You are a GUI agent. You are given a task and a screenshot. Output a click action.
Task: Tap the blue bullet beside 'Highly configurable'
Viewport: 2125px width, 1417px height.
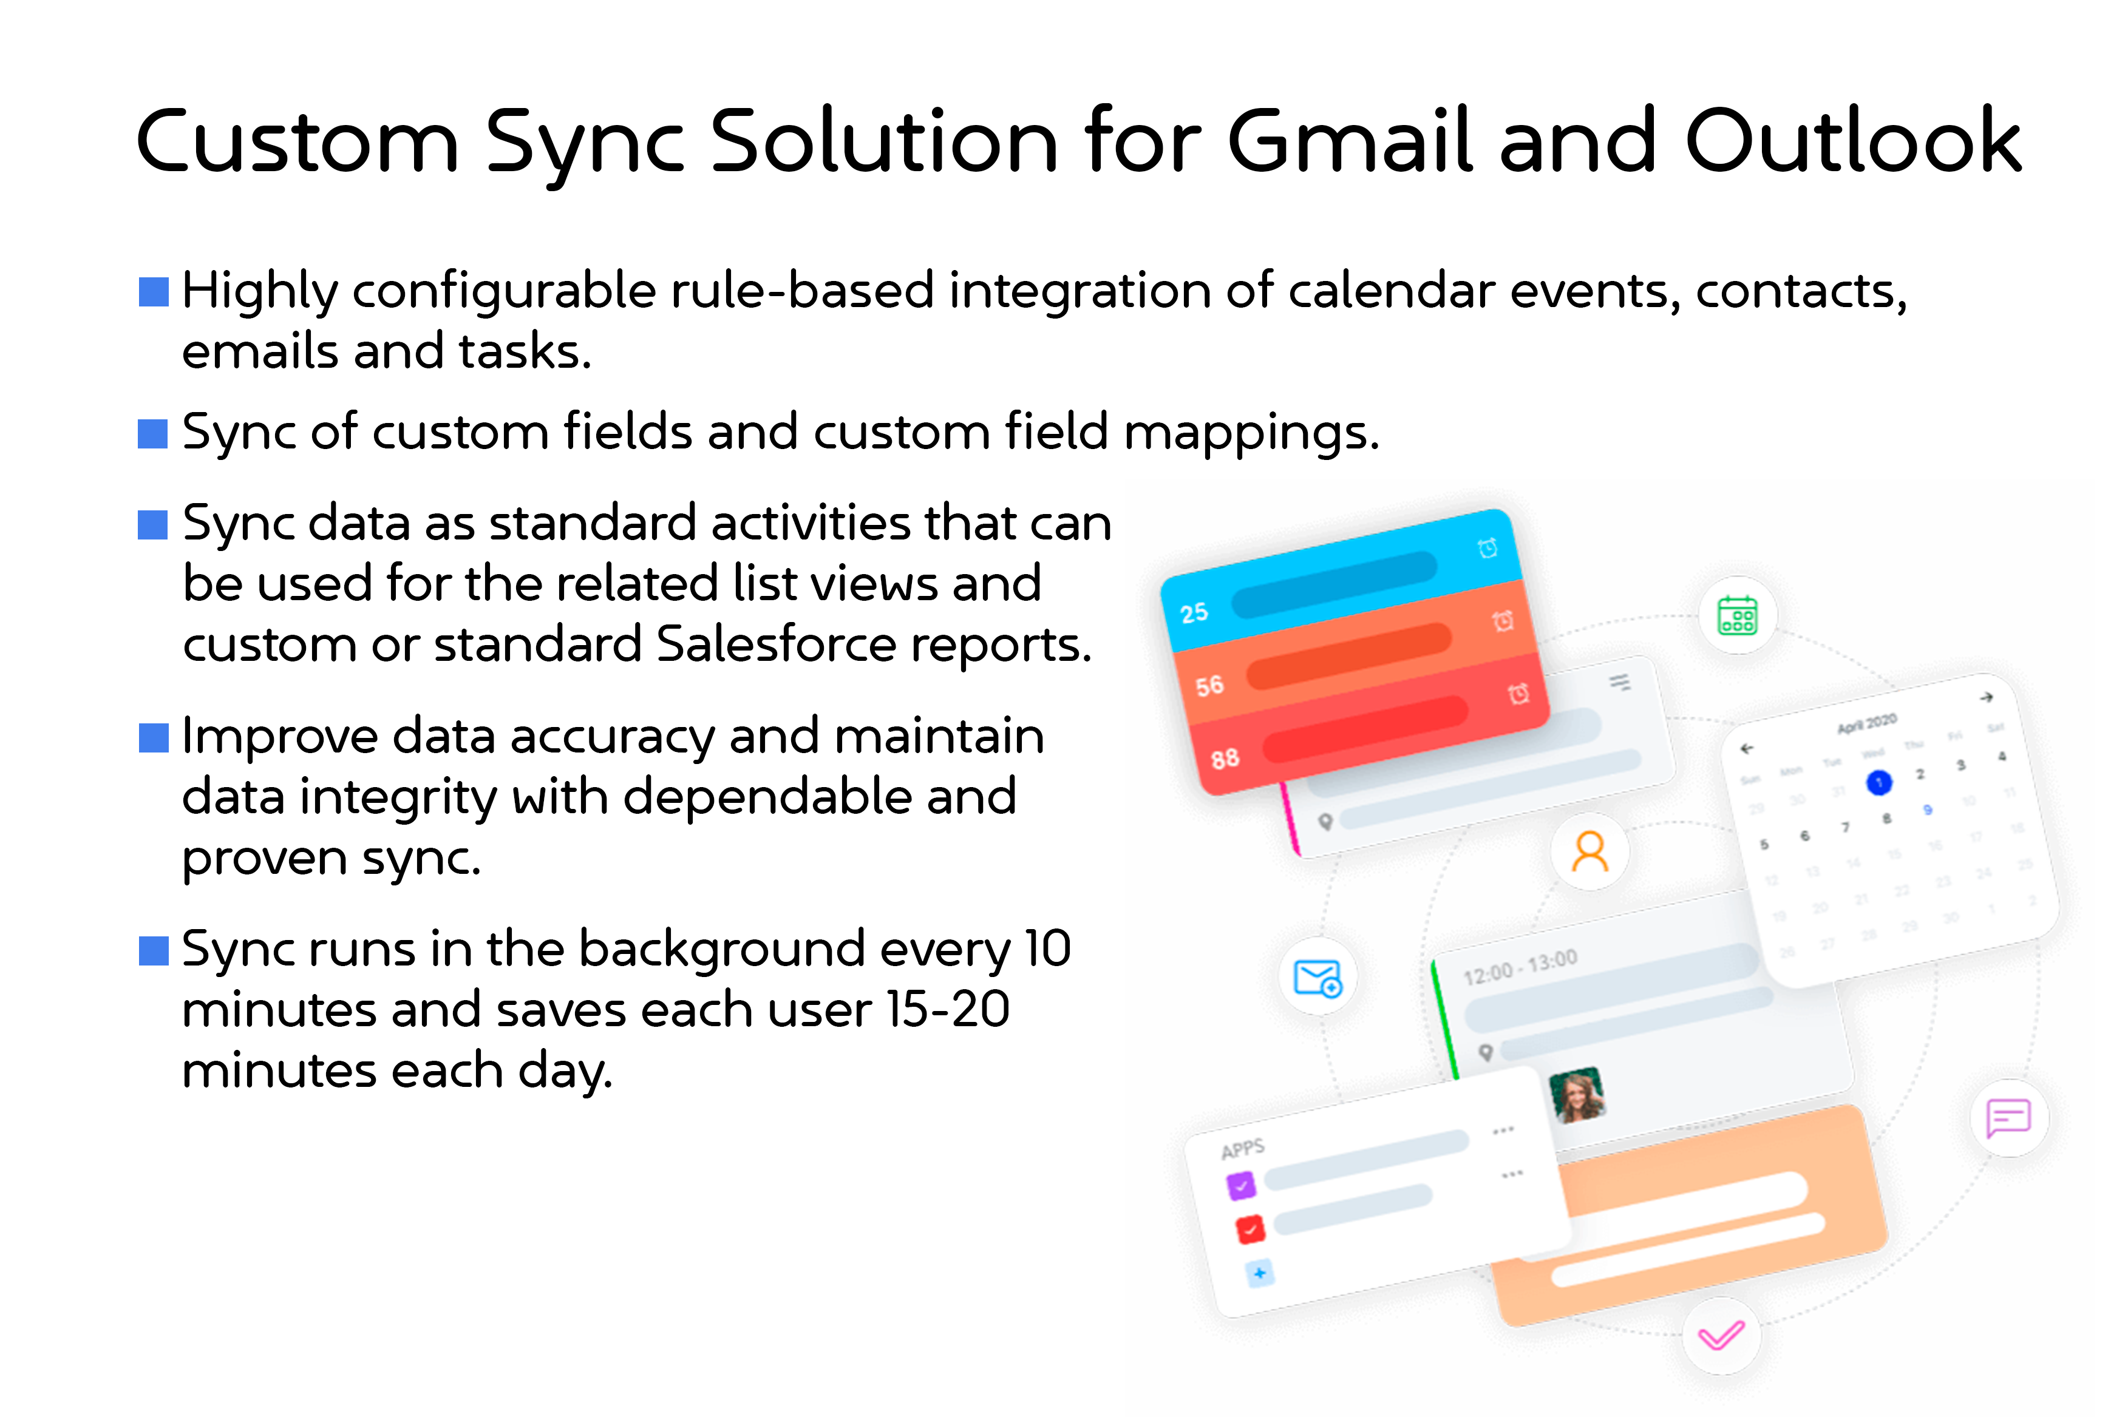click(154, 292)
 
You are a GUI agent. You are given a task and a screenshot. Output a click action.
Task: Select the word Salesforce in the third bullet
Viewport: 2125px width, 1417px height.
click(775, 644)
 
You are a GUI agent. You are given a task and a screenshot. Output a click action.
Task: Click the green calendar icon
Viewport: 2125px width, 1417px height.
click(1737, 615)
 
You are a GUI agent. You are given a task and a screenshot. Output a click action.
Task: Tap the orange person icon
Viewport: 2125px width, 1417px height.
click(1590, 851)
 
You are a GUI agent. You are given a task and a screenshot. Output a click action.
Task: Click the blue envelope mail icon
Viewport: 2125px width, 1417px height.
click(1318, 978)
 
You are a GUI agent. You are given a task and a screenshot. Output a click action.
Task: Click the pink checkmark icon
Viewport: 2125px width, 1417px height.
click(1721, 1336)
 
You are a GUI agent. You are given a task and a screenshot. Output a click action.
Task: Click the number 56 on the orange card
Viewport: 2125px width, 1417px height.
click(1209, 686)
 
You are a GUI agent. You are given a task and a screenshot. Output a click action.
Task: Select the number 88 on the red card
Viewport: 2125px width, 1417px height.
click(1225, 758)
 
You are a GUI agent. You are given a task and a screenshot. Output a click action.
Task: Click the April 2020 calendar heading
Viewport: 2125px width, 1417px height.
click(1866, 723)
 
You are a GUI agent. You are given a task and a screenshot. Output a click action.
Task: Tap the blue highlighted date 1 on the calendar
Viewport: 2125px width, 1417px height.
click(1879, 783)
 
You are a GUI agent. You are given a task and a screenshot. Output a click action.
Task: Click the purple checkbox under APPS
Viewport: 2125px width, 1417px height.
click(1241, 1185)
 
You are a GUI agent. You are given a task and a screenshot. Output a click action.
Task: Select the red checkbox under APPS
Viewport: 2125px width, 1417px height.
click(1250, 1229)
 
